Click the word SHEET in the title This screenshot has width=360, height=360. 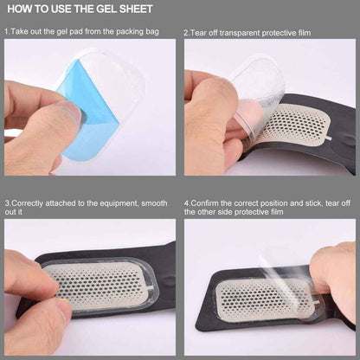(x=136, y=9)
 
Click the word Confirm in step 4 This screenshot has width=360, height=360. (x=205, y=203)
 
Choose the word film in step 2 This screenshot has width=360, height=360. (x=304, y=33)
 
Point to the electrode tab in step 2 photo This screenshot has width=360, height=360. (x=328, y=138)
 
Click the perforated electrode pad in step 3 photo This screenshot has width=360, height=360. (x=98, y=286)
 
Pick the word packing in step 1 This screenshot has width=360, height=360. (x=130, y=32)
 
